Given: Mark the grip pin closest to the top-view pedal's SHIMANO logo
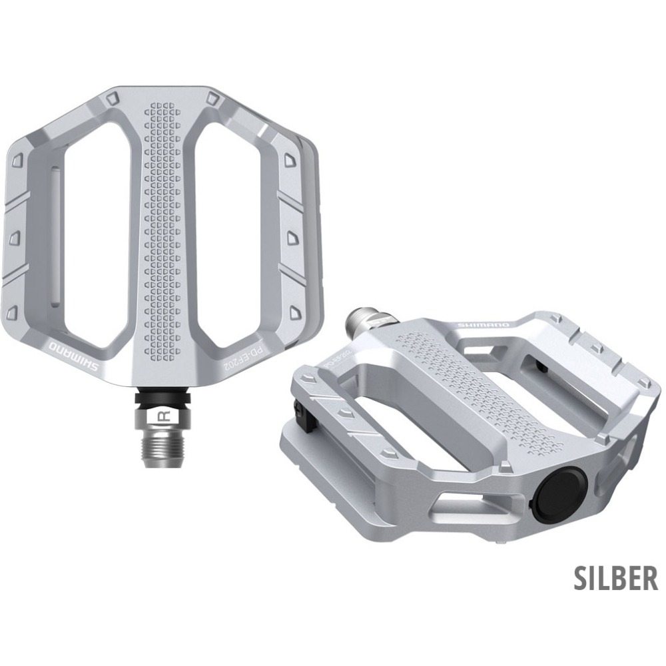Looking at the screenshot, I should coord(11,312).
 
